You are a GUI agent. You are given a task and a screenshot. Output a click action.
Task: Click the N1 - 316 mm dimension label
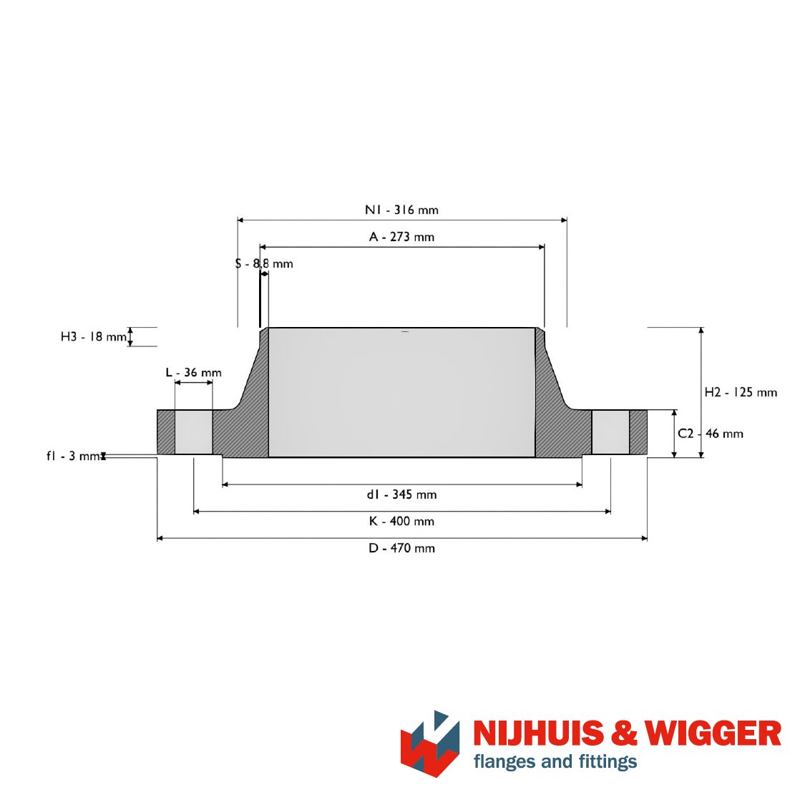(x=401, y=210)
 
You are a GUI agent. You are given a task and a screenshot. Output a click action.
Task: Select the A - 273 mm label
(x=401, y=237)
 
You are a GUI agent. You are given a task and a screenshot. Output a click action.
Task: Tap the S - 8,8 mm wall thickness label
(x=264, y=264)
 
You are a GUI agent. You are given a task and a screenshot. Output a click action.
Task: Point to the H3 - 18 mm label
(x=94, y=337)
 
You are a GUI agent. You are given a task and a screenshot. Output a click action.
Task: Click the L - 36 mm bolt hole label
(x=193, y=372)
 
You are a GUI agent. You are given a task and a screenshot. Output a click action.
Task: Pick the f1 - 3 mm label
(x=74, y=456)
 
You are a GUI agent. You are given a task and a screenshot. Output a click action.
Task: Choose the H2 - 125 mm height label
(x=741, y=392)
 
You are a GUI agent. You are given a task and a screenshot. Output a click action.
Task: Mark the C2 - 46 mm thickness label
(x=711, y=434)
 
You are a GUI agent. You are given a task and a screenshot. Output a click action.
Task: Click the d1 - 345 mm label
(x=401, y=494)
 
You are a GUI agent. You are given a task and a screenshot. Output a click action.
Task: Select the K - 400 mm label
(x=401, y=521)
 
